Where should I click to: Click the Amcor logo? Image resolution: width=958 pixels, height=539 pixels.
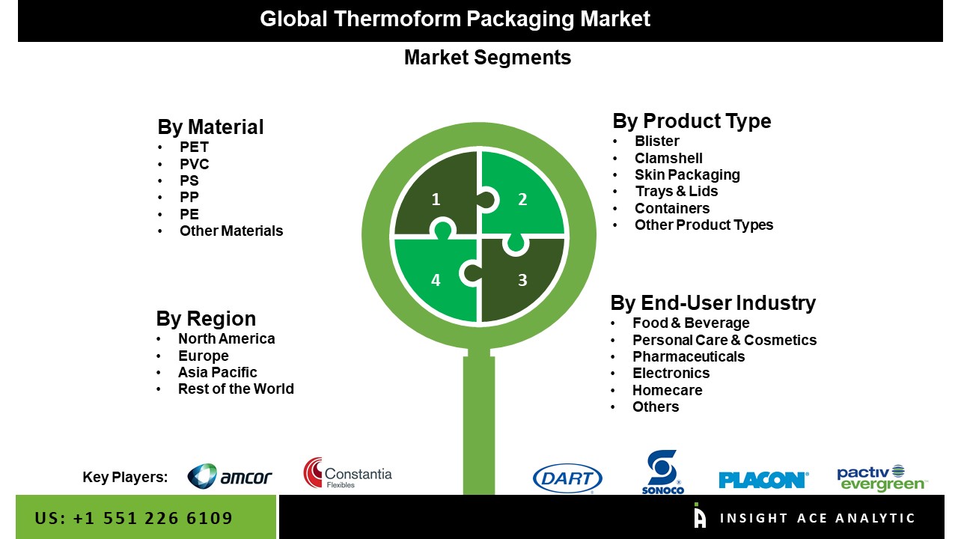pos(230,476)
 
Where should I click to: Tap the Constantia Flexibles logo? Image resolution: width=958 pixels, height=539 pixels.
pos(348,473)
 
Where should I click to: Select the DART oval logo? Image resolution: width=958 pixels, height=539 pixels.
pos(567,478)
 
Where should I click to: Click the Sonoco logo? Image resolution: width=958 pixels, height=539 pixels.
pos(663,472)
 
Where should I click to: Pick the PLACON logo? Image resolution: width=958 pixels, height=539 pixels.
pos(764,480)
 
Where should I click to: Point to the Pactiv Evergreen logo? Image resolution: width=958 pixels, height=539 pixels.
pos(882,478)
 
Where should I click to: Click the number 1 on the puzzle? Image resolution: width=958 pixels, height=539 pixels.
pos(436,199)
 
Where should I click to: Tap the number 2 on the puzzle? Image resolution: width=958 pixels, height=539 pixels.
pos(522,199)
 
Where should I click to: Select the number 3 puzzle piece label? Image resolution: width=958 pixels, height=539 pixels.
pos(522,280)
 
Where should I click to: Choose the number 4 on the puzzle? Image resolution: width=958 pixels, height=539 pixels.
pos(436,280)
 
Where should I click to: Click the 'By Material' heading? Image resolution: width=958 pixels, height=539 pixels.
pos(210,127)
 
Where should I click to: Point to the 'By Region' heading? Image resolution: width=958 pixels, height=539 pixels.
pos(206,319)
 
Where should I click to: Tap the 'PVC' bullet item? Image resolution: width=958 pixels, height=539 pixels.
pos(194,164)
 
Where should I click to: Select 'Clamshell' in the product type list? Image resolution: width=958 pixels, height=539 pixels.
pos(668,158)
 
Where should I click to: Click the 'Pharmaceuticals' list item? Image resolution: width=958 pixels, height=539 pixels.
pos(689,357)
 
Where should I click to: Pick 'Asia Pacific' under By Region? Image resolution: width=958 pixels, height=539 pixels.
pos(217,373)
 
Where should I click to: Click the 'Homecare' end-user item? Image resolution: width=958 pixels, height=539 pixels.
pos(667,390)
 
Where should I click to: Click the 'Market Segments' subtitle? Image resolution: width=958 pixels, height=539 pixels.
pos(487,58)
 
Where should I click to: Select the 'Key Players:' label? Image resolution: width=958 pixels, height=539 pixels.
pos(125,477)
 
